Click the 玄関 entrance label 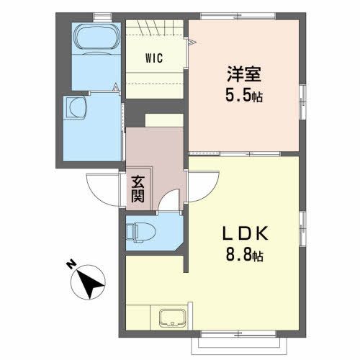[138, 189]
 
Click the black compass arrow [90, 282]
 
